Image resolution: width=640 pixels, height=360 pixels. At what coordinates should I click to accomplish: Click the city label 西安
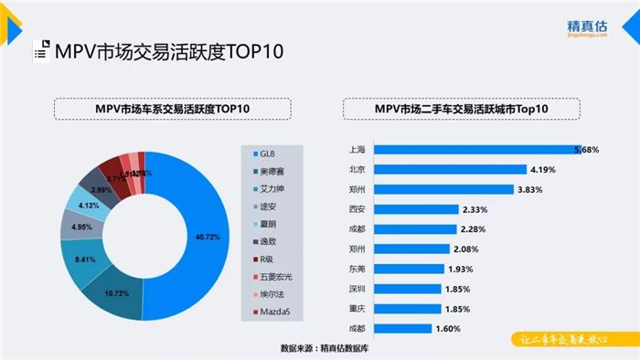pyautogui.click(x=357, y=208)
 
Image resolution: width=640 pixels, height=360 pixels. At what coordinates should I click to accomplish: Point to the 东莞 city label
pyautogui.click(x=357, y=269)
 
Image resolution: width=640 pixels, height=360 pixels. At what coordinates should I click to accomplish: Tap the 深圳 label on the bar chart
pyautogui.click(x=357, y=289)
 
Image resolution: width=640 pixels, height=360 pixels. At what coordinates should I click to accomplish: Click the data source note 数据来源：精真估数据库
pyautogui.click(x=329, y=348)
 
